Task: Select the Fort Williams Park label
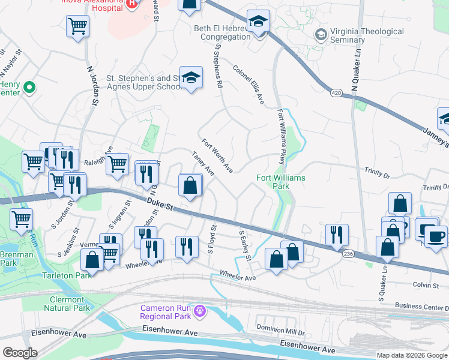(281, 182)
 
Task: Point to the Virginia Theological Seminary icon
(321, 35)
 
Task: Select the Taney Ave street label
(203, 163)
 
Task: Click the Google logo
(20, 353)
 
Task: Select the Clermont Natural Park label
(67, 304)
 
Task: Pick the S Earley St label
(244, 246)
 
